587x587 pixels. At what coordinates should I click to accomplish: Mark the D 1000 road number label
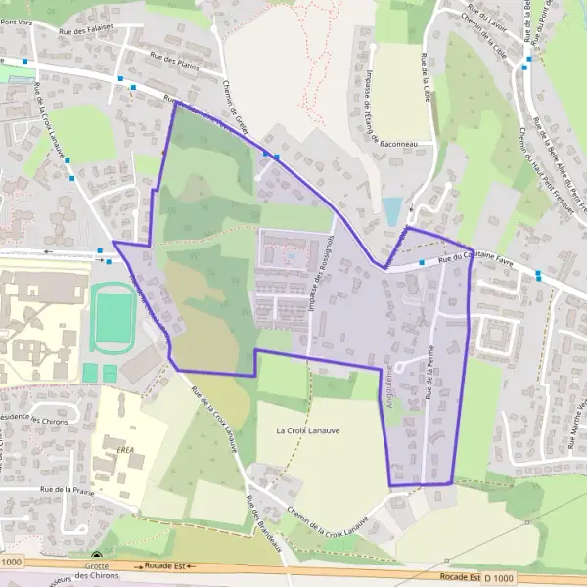pyautogui.click(x=498, y=578)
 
